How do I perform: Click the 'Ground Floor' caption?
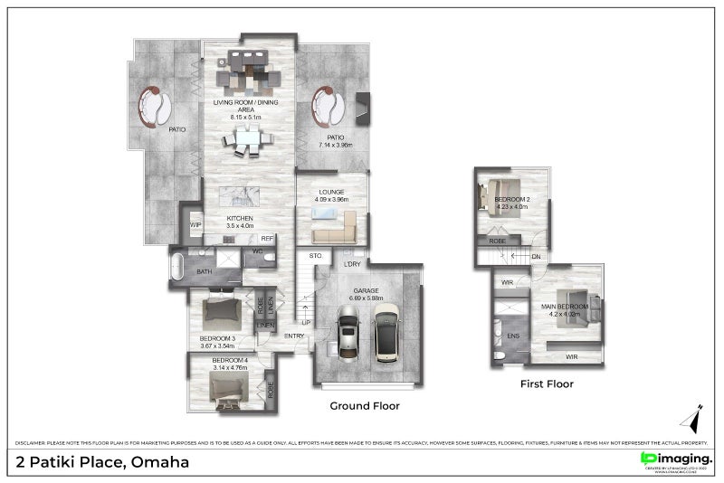365,406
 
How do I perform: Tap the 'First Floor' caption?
547,384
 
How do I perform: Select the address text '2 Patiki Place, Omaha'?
102,462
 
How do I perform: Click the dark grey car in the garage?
347,333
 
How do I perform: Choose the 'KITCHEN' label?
240,219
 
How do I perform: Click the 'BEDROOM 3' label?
217,339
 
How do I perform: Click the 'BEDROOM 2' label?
512,199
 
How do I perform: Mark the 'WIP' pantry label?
195,224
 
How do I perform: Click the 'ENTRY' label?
294,336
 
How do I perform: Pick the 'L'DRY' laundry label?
352,264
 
